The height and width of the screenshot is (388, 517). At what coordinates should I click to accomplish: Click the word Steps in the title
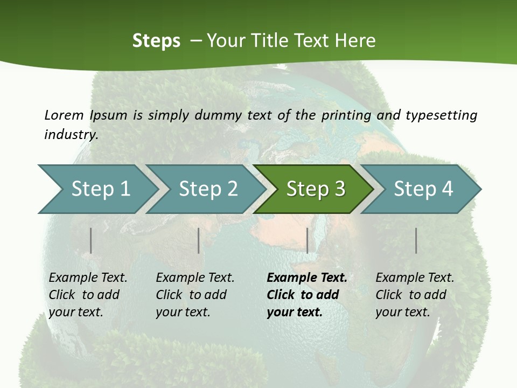coord(156,41)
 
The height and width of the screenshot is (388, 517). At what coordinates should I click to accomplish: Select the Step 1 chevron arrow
coord(97,189)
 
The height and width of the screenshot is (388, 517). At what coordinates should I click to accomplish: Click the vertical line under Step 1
coord(91,240)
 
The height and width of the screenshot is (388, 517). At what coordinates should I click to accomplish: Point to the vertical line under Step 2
coord(199,240)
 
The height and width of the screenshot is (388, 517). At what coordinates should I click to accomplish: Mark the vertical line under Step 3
coord(308,240)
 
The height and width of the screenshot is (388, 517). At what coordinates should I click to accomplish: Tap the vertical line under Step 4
coord(416,240)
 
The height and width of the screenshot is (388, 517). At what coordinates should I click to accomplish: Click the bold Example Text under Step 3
coord(307,278)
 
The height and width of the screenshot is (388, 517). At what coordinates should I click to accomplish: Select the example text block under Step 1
coord(87,295)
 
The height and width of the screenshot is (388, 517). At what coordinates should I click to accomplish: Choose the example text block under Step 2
coord(194,295)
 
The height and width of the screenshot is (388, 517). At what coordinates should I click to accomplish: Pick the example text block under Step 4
coord(414,295)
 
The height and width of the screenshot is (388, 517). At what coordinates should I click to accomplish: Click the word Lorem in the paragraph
coord(64,115)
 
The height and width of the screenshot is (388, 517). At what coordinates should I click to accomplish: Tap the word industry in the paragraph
coord(71,135)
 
